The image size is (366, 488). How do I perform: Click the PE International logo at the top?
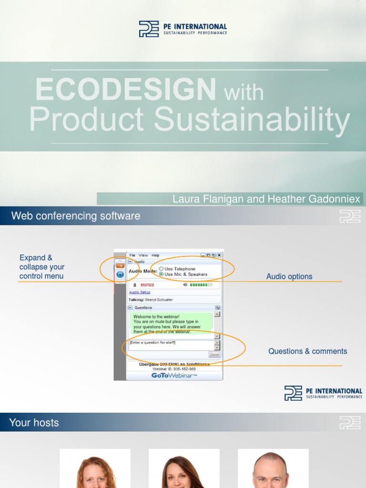(183, 29)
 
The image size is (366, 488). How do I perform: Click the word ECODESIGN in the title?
(125, 90)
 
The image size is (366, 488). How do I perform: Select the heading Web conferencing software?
(76, 216)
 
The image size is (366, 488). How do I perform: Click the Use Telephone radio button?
(161, 269)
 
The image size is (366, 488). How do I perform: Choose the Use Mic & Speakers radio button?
(161, 274)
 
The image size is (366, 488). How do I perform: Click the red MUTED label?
(147, 285)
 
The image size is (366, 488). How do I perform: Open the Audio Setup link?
(139, 292)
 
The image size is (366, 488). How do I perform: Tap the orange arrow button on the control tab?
(120, 265)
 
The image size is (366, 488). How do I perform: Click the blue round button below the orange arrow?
(120, 274)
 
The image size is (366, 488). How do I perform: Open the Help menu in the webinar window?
(155, 255)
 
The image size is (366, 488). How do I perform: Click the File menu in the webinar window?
(132, 255)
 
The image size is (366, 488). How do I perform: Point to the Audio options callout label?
(289, 276)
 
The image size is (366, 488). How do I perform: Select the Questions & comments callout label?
(307, 351)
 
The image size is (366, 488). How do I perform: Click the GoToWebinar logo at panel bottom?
(174, 376)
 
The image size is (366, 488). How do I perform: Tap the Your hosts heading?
(34, 423)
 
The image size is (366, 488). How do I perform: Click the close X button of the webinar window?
(219, 255)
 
